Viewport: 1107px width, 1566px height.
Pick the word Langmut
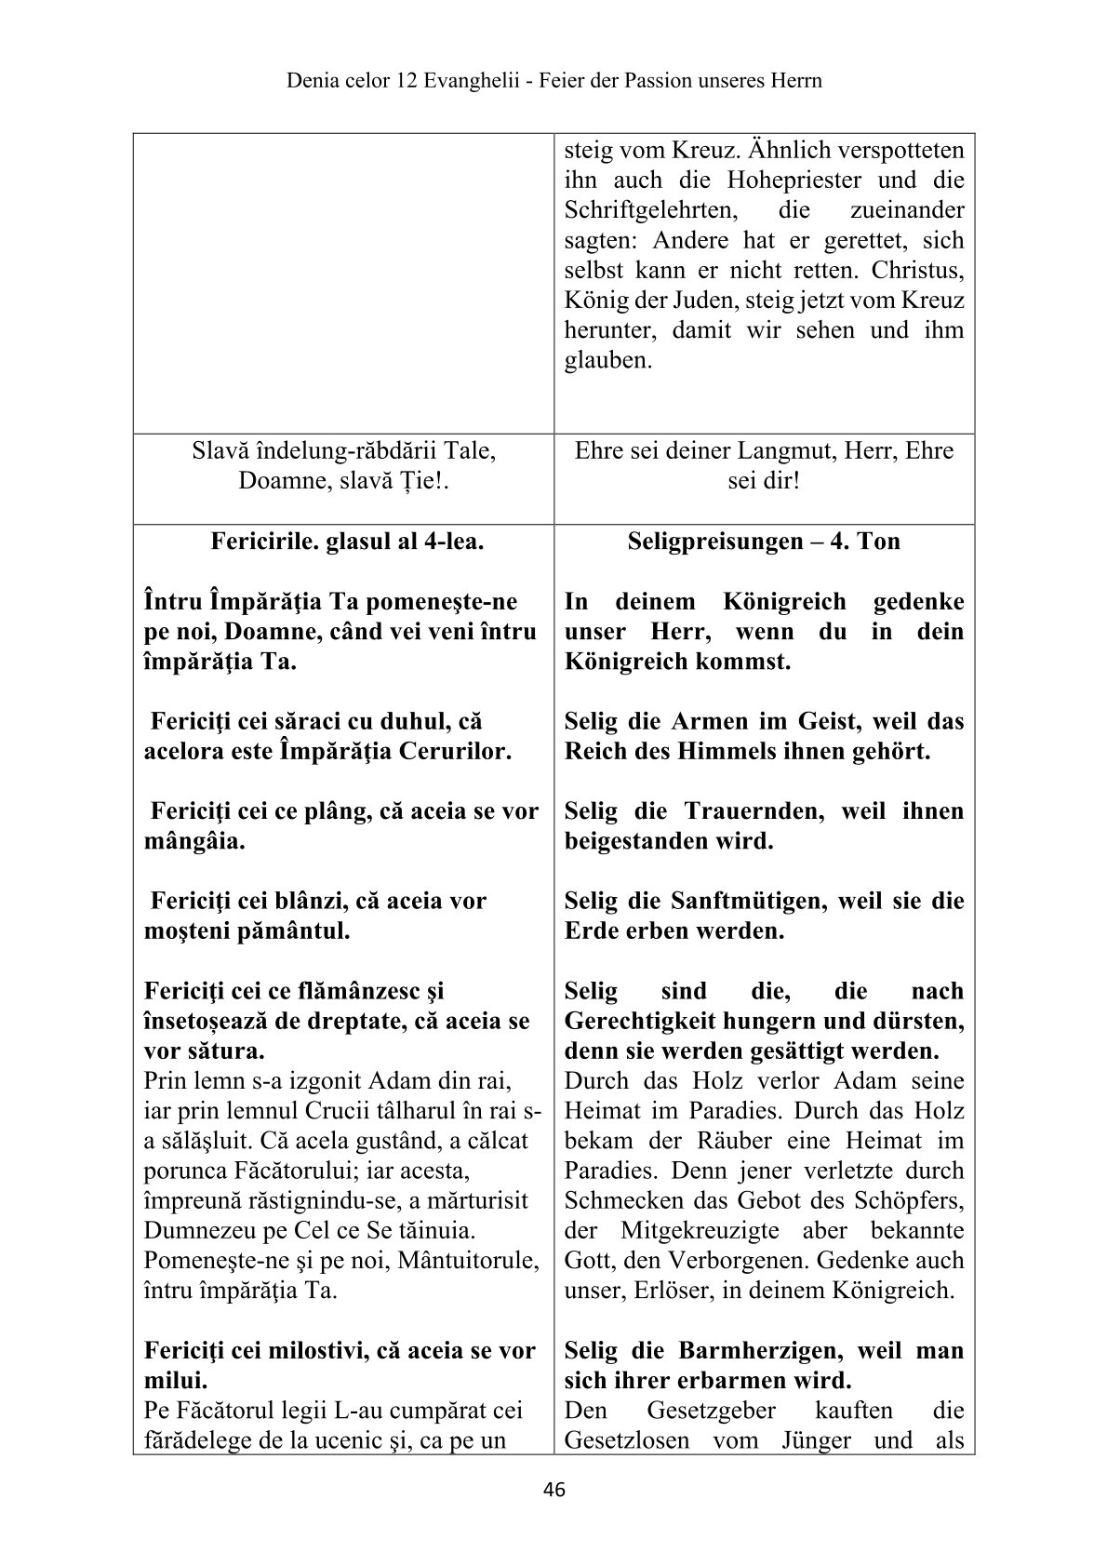click(774, 451)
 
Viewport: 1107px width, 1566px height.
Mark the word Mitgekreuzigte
click(690, 1231)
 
